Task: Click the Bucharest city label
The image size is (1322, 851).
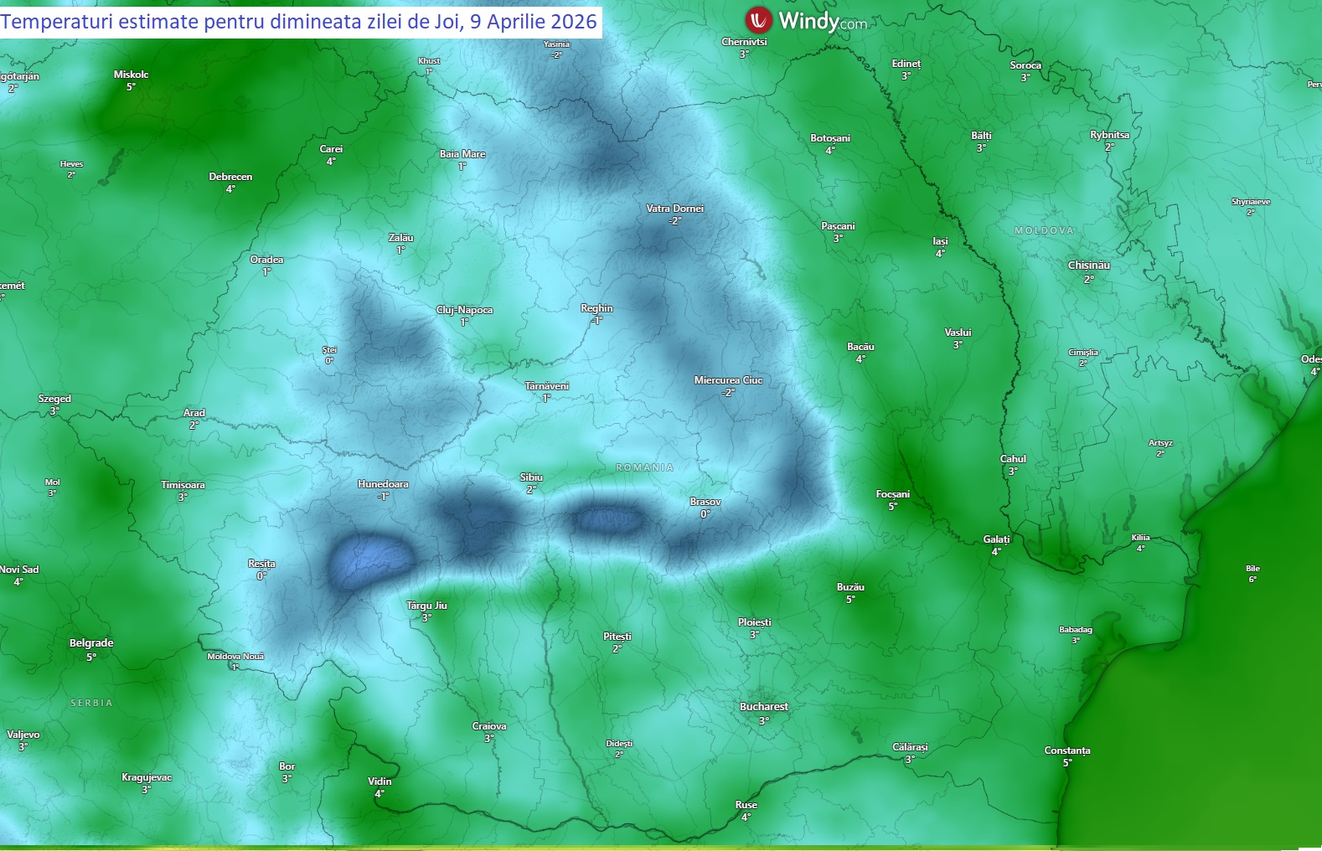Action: pos(763,707)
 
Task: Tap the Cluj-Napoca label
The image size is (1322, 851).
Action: pos(464,310)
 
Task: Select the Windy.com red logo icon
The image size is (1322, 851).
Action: pos(758,19)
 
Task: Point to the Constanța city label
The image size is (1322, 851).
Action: pos(1066,750)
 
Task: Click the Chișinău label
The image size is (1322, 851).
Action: pos(1088,266)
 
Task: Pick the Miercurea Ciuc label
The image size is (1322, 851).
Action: pos(728,380)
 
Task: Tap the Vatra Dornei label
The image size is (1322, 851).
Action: pos(674,209)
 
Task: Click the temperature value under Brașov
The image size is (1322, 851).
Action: pos(705,514)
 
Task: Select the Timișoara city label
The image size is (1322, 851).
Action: pos(183,485)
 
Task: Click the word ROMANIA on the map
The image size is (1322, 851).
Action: pos(644,467)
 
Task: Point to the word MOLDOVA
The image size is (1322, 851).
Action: pos(1043,230)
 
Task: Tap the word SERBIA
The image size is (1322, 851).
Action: pos(91,703)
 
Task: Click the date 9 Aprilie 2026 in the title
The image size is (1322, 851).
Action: pos(533,21)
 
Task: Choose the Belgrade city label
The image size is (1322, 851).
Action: pos(91,643)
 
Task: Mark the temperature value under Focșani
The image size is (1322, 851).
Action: pos(892,506)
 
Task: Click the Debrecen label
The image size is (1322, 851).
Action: pos(230,177)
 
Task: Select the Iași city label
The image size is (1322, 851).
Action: pos(940,241)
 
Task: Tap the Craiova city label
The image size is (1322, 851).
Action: pos(488,726)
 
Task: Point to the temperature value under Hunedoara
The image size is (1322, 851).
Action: pos(383,497)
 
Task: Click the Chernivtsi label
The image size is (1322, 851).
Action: pos(744,42)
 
